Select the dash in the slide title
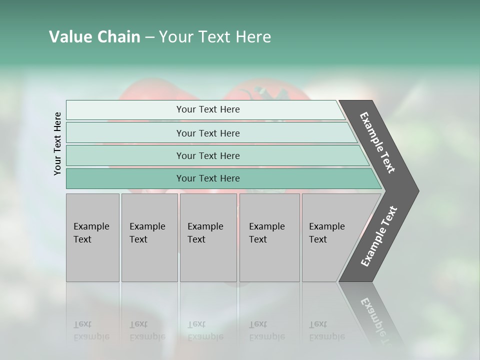click(149, 37)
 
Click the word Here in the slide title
click(252, 37)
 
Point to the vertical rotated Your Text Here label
click(58, 143)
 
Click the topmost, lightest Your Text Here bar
click(207, 109)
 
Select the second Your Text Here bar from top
click(207, 133)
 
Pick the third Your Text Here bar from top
click(207, 155)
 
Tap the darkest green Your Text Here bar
click(207, 178)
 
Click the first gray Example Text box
click(92, 237)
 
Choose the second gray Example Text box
click(149, 237)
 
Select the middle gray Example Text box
click(208, 237)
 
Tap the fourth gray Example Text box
click(269, 237)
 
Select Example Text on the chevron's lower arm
click(378, 236)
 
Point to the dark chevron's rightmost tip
click(417, 191)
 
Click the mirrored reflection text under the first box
click(91, 330)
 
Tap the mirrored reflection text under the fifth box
click(326, 330)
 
